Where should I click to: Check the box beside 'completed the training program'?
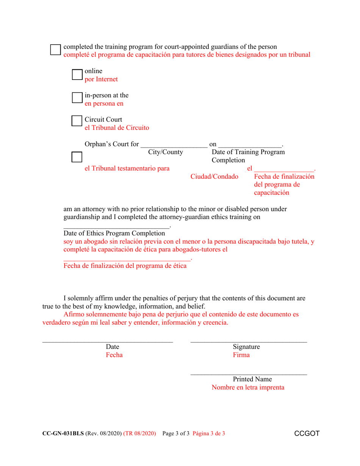click(x=56, y=50)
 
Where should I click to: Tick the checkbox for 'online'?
click(x=77, y=75)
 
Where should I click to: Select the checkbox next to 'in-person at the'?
click(x=77, y=98)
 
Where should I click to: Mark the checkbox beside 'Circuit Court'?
click(x=77, y=121)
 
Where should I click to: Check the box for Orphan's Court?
click(x=77, y=157)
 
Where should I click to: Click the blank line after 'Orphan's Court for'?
click(x=174, y=145)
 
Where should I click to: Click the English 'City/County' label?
click(x=166, y=152)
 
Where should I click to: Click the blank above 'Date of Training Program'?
click(x=250, y=145)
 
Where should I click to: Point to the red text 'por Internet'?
click(x=101, y=80)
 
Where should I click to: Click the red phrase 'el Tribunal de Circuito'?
click(x=117, y=128)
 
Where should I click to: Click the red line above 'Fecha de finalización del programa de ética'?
click(x=127, y=260)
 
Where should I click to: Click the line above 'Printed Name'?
click(x=249, y=375)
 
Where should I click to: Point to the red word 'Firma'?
click(x=241, y=355)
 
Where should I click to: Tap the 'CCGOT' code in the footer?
click(x=307, y=433)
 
